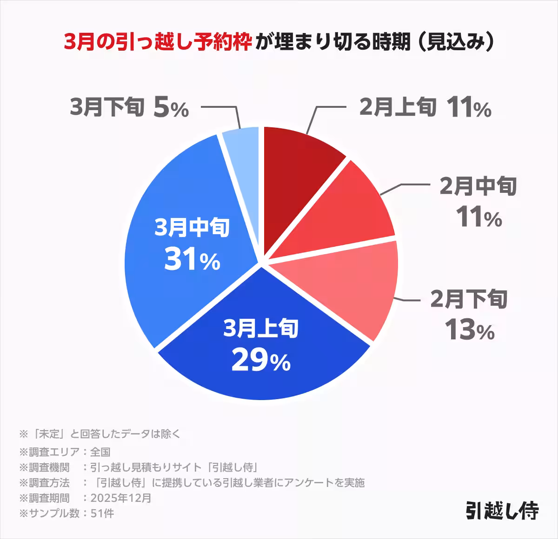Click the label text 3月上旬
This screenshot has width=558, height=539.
tap(260, 329)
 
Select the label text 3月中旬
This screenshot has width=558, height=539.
tap(192, 228)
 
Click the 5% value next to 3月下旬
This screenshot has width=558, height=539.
tap(171, 108)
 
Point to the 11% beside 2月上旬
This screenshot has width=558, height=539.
tap(469, 108)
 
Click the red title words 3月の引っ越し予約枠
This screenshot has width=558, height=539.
tap(158, 42)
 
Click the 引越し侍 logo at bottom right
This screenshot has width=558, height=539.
tap(502, 511)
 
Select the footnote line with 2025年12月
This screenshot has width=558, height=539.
tap(86, 498)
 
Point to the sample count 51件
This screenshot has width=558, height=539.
tap(103, 513)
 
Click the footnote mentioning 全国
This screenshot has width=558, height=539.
tap(65, 452)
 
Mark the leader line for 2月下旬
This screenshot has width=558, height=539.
tap(409, 300)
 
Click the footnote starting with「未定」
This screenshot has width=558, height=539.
tap(100, 434)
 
